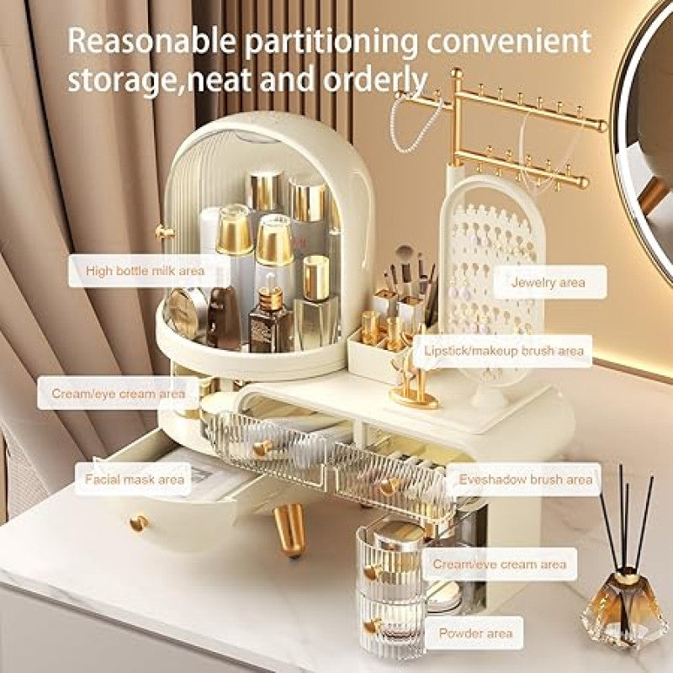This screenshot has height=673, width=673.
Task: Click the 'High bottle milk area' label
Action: [145, 271]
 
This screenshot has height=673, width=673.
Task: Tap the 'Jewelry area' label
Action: [548, 282]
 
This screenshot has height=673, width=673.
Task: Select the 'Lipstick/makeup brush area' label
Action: [503, 351]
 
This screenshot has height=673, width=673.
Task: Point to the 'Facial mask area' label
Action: [135, 479]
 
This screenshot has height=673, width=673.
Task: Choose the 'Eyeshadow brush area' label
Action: [525, 479]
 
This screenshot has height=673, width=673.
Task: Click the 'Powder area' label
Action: [475, 633]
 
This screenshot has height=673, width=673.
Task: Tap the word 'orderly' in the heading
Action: [375, 80]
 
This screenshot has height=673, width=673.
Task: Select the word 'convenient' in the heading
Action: [509, 40]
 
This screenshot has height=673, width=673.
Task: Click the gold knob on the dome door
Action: [164, 232]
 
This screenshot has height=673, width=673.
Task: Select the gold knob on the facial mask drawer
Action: [139, 522]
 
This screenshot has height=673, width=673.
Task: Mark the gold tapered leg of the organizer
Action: [289, 530]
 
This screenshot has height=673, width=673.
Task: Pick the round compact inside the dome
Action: [185, 312]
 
